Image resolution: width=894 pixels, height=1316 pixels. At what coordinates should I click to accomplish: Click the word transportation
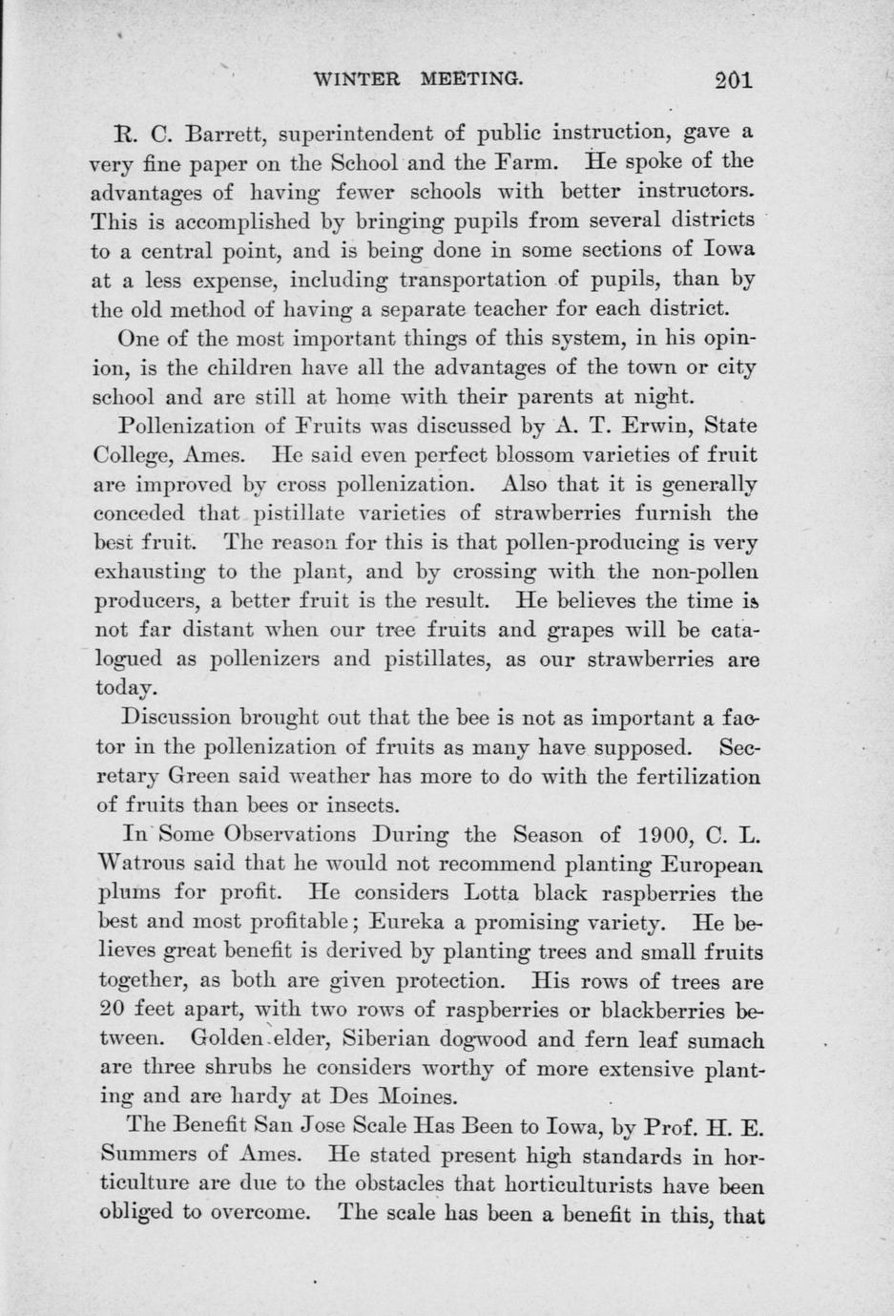click(x=473, y=281)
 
